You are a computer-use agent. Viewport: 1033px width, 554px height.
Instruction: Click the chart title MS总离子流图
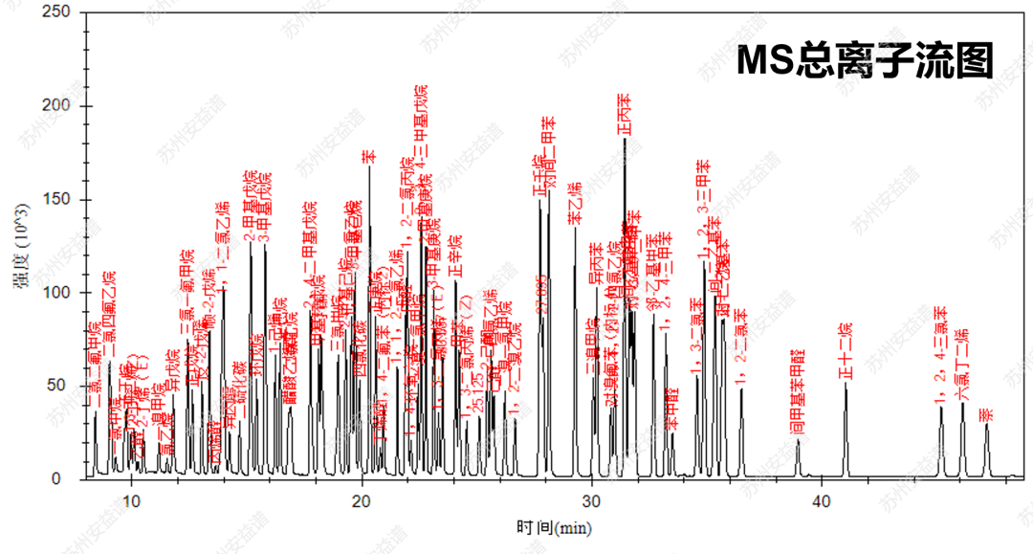coord(866,61)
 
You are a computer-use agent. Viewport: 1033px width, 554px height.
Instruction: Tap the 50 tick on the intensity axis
coord(62,386)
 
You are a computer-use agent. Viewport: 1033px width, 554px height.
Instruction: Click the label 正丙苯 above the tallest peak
coord(624,115)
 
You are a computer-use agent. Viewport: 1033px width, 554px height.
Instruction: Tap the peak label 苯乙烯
coord(575,205)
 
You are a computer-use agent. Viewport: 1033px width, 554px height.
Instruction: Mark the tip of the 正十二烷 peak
coord(846,385)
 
